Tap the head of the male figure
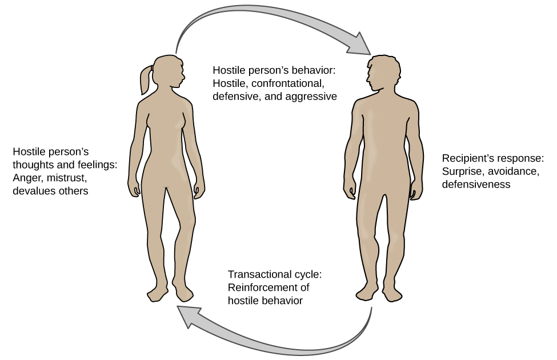point(383,71)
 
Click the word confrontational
point(280,83)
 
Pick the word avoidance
point(514,171)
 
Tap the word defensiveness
point(476,185)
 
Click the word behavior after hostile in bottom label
point(282,301)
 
